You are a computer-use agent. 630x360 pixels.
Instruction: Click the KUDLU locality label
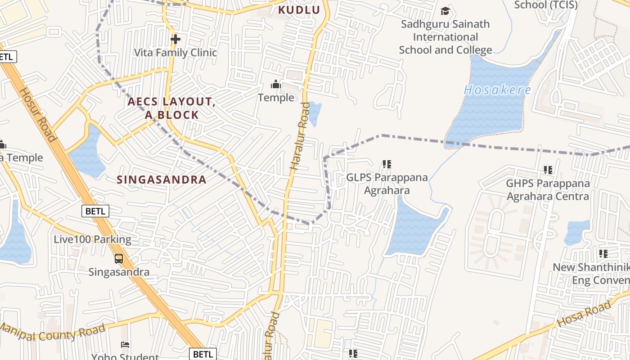click(299, 10)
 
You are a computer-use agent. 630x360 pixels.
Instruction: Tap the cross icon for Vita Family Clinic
click(175, 39)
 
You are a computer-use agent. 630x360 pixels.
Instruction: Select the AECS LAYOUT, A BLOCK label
click(171, 108)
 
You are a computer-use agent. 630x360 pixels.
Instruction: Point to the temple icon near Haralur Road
click(276, 84)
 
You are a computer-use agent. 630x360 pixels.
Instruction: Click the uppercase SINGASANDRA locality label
click(162, 180)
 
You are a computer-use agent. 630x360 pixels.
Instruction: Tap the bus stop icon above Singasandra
click(119, 259)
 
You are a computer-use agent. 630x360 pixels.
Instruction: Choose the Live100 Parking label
click(92, 239)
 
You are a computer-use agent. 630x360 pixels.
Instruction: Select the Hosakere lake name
click(497, 90)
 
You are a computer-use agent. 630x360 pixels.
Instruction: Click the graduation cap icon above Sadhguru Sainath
click(445, 11)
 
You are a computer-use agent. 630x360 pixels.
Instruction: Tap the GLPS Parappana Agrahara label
click(387, 184)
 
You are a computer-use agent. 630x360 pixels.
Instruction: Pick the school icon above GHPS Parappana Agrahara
click(548, 170)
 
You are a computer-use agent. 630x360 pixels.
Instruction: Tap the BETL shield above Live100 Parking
click(95, 211)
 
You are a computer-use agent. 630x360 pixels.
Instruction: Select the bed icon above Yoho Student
click(126, 345)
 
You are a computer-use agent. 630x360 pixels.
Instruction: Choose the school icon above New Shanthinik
click(603, 254)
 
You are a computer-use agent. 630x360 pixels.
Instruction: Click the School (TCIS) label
click(545, 5)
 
